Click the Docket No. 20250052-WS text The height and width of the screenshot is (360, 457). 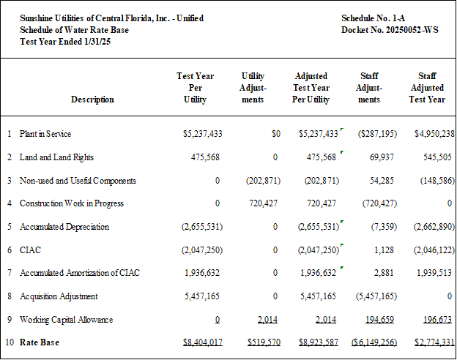point(390,30)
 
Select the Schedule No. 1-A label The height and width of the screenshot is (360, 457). point(373,18)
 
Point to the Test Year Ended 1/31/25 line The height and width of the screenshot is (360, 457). point(65,42)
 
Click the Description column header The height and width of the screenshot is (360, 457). point(92,100)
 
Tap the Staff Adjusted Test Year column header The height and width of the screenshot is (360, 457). point(427,88)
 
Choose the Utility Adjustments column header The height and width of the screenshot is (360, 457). point(253,88)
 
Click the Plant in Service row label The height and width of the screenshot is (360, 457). point(45,134)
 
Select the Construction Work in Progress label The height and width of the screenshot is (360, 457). point(72,203)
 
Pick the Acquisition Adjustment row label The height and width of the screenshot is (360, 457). point(59,296)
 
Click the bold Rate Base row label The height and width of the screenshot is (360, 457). point(40,342)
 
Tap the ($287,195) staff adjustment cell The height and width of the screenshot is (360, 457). point(377,134)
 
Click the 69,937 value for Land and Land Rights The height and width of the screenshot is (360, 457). point(382,157)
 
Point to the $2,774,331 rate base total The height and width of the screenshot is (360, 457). point(434,342)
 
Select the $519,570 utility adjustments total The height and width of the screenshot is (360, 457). point(264,342)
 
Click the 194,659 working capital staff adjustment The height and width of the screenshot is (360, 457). point(380,320)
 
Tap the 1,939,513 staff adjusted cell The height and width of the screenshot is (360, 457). point(434,273)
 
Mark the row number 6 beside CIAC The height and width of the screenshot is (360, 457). point(10,250)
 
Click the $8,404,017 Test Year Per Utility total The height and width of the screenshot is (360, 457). point(203,342)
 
